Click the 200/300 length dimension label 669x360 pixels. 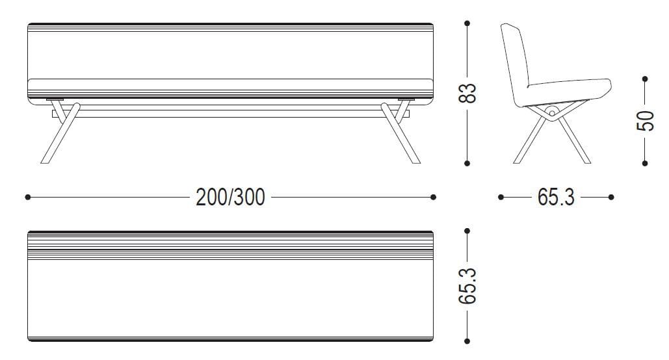point(230,197)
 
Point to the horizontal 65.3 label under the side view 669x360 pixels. point(556,197)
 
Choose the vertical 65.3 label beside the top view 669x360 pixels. point(468,285)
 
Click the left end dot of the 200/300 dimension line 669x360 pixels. point(27,197)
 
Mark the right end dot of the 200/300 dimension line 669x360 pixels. point(434,197)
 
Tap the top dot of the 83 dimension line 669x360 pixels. point(467,24)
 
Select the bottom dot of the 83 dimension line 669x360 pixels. point(467,163)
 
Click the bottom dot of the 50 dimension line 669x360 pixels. point(644,163)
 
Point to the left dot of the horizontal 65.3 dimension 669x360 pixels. point(501,197)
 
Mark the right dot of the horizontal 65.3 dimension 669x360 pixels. point(611,197)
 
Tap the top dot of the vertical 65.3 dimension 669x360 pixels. point(467,231)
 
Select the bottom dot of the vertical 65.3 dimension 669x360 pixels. point(467,341)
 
